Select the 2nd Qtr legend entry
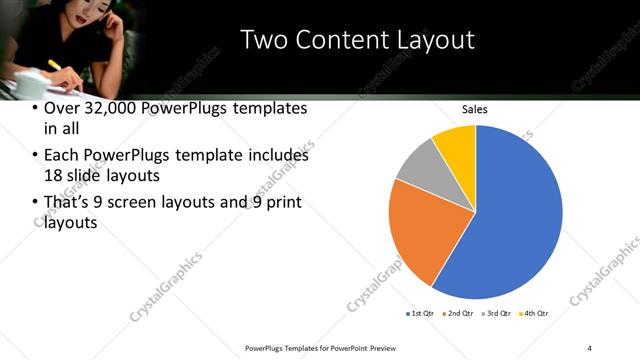[x=457, y=314]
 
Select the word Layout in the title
[x=437, y=40]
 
